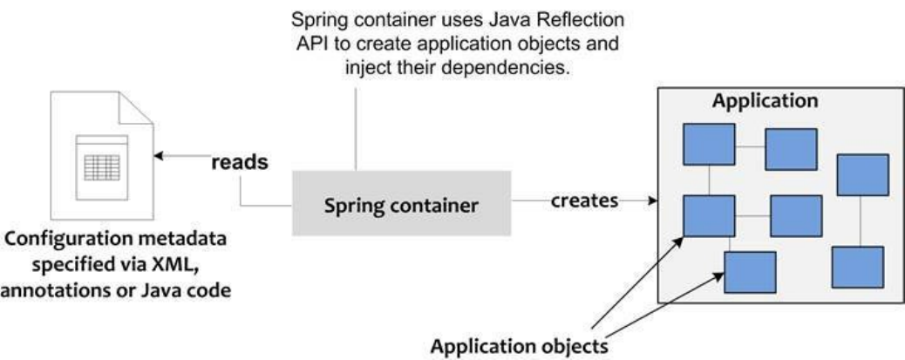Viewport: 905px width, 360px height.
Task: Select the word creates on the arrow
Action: [x=583, y=200]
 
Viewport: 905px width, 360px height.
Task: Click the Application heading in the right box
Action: [x=765, y=99]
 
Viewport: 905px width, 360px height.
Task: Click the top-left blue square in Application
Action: [x=708, y=145]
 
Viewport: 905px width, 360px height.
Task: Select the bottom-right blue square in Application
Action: [x=858, y=267]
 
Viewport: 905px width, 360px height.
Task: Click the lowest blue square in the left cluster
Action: [x=750, y=271]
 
